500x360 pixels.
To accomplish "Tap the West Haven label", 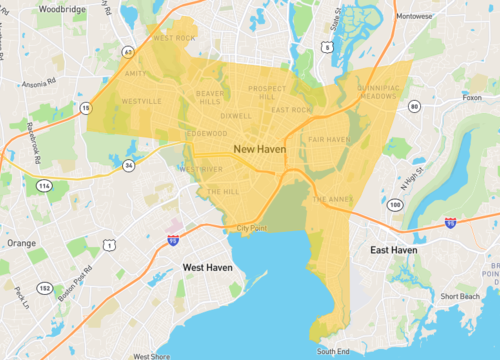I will (210, 267).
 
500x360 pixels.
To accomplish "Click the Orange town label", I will (21, 243).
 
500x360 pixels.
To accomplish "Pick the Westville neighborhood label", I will (141, 101).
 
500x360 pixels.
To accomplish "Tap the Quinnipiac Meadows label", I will (379, 90).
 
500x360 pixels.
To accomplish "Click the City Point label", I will (254, 229).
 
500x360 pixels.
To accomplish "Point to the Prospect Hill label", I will (267, 92).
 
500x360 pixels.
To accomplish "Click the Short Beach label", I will (460, 297).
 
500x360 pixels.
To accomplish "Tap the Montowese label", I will (415, 16).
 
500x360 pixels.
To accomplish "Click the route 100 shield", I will (396, 205).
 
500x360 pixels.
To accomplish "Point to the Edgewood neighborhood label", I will (205, 133).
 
